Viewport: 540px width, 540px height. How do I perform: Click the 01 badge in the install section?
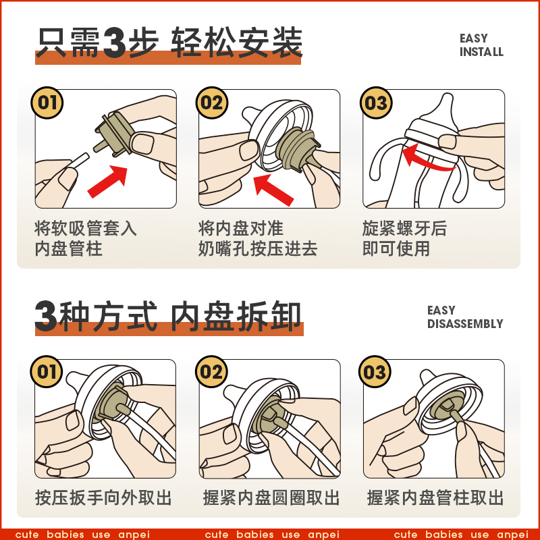(47, 103)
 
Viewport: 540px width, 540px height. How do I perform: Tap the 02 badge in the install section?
(212, 103)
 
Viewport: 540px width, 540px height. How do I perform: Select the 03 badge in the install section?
(376, 103)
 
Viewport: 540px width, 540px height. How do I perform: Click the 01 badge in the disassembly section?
(47, 372)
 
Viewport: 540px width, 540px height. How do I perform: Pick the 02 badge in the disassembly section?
(211, 372)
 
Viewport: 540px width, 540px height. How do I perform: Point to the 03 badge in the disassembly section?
(375, 372)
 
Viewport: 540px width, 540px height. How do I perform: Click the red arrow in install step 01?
(107, 182)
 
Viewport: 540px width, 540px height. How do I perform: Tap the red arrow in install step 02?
(273, 190)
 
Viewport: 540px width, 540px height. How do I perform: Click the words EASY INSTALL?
(481, 45)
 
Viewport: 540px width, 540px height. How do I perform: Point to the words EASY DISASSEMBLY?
(465, 317)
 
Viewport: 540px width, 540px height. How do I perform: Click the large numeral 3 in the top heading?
(114, 43)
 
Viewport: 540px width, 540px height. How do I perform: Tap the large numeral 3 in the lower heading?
(46, 316)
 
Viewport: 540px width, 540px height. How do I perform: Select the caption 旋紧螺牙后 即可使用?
(404, 238)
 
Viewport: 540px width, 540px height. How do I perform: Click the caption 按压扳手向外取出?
(103, 498)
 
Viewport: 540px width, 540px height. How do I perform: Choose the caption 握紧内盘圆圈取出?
(271, 498)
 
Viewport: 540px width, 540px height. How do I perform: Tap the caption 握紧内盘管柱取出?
(435, 498)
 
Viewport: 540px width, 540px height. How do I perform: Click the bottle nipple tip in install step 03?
(448, 97)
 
